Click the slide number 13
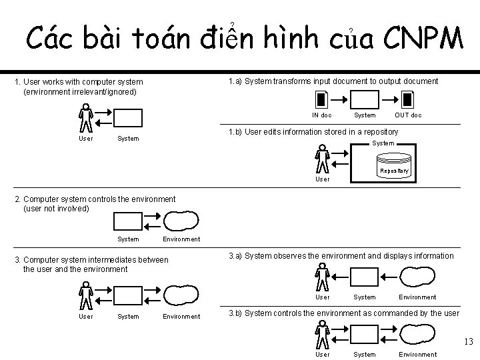(467, 342)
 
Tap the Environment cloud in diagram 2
(181, 221)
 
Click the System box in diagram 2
(128, 221)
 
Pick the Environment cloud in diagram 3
(181, 294)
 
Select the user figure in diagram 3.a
(323, 277)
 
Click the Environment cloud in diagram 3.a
(417, 276)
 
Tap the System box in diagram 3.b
(364, 333)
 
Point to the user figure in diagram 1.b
(323, 160)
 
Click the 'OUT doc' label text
(408, 115)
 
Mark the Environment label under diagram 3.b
(417, 354)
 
